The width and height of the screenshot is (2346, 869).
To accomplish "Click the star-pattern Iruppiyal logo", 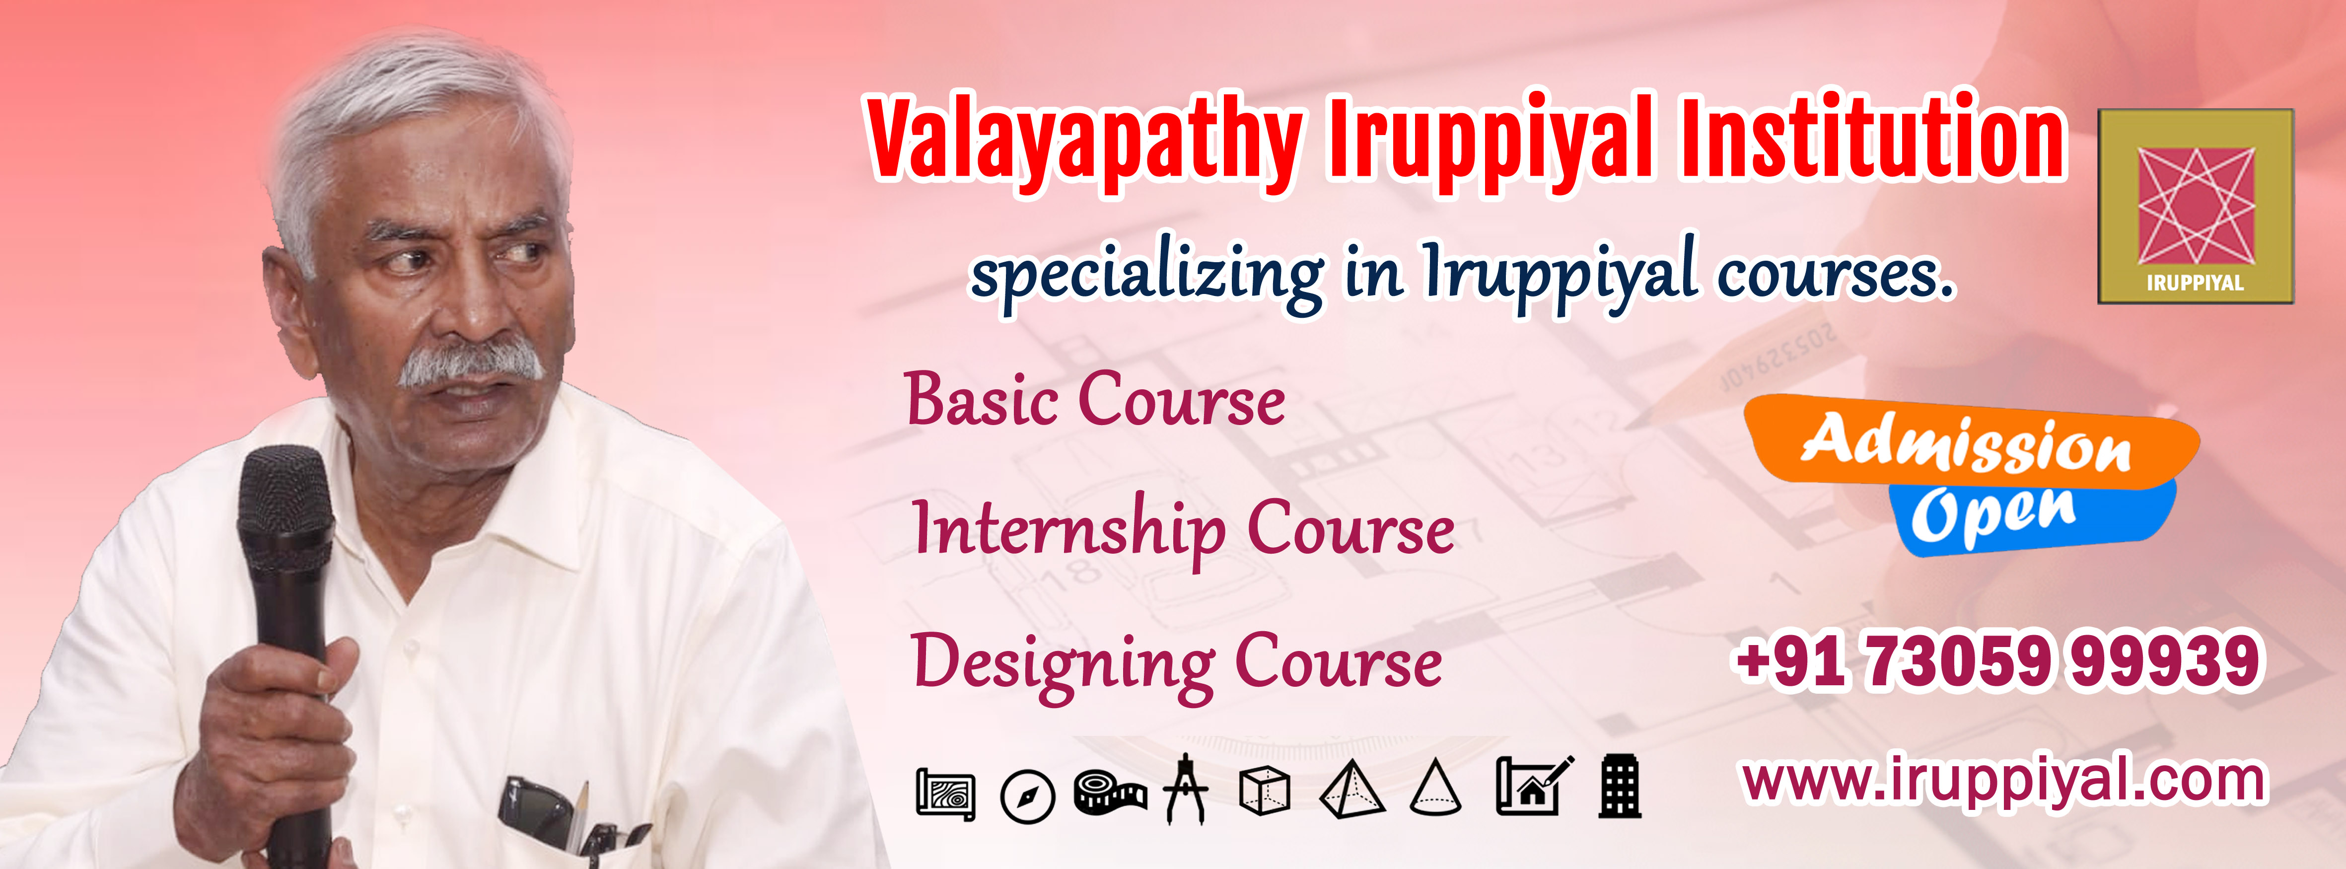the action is click(x=2196, y=206).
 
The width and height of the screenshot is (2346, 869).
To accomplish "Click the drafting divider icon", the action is click(x=1186, y=789).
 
